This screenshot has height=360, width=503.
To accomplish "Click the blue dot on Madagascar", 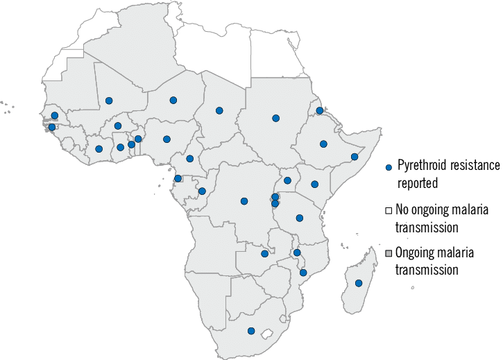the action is click(x=359, y=283).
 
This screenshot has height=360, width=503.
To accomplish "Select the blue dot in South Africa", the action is click(x=251, y=331).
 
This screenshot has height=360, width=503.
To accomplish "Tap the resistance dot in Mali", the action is click(x=109, y=101).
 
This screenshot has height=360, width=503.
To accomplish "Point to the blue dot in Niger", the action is click(x=173, y=100).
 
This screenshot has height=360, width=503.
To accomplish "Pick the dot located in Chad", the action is click(x=219, y=110).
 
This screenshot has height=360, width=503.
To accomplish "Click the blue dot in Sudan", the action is click(x=275, y=118).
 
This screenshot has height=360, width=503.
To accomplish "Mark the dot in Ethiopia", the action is click(x=323, y=144).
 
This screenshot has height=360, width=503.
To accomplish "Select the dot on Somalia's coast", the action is click(x=354, y=157).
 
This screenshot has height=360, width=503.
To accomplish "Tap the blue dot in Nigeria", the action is click(x=167, y=139).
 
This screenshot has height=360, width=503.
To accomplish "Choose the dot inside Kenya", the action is click(x=314, y=184).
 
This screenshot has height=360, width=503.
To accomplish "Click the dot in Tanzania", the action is click(x=300, y=218).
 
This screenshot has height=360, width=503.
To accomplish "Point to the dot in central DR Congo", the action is click(x=244, y=201).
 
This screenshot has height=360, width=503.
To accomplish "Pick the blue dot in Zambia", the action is click(x=264, y=254).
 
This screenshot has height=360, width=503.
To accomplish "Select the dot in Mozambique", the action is click(x=303, y=273).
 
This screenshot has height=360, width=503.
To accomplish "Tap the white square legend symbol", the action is click(x=389, y=209).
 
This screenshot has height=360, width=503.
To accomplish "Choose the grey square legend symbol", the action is click(x=389, y=250).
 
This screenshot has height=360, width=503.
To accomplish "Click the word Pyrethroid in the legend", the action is click(x=423, y=166).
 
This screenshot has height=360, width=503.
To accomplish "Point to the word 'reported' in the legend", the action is click(x=419, y=184).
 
